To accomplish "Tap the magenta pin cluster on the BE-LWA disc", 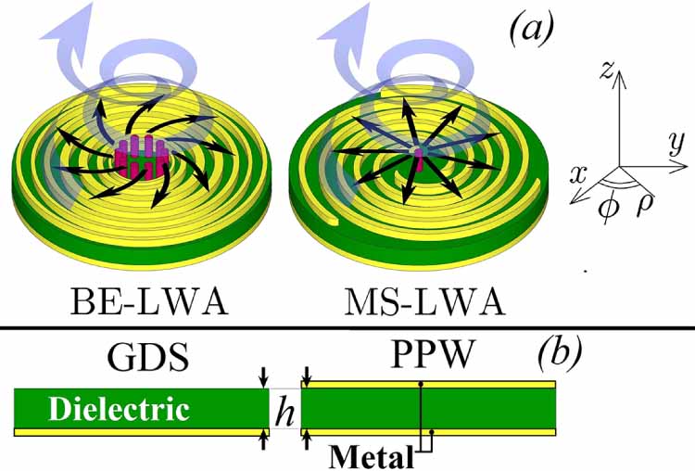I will tap(138, 156).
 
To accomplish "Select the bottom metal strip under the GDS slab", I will tap(140, 431).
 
